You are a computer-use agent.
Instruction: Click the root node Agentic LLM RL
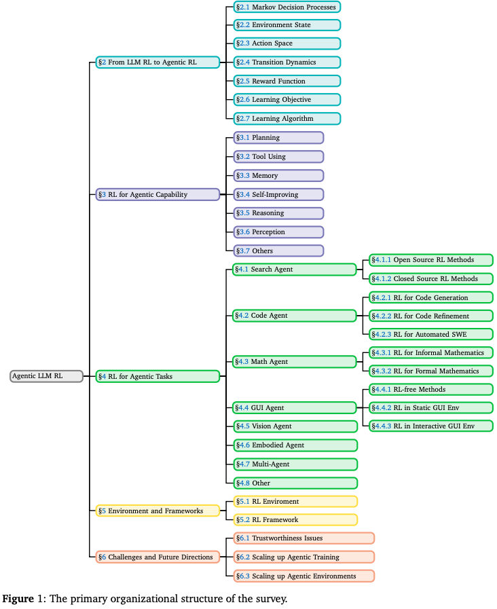(46, 376)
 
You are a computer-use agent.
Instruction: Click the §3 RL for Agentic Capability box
(157, 195)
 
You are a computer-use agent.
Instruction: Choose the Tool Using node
(277, 157)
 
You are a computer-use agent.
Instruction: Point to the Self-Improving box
(277, 195)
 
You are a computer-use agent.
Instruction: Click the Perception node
(277, 232)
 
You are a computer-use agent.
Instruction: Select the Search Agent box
(293, 270)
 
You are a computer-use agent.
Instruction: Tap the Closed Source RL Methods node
(430, 278)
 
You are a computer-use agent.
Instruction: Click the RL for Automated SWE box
(430, 334)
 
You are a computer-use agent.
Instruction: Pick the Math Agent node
(293, 362)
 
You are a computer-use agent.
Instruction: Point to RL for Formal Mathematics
(430, 371)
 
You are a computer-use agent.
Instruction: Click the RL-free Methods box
(430, 390)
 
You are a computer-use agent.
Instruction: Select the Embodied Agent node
(293, 445)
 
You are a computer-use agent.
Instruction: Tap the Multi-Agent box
(293, 464)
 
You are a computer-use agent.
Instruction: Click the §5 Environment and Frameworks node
(157, 511)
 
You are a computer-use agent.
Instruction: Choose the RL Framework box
(293, 520)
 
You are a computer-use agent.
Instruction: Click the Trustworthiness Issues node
(303, 538)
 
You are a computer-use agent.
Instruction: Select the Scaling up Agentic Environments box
(303, 576)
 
